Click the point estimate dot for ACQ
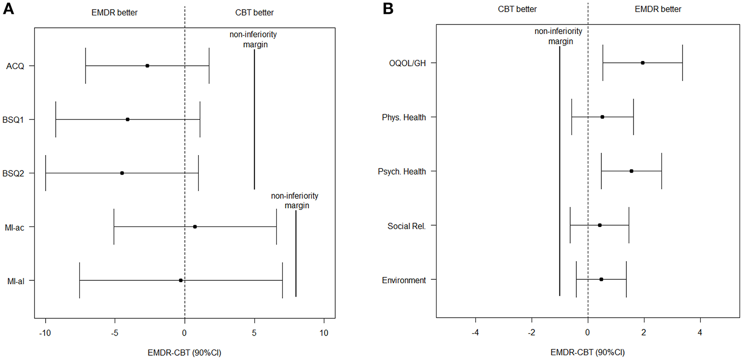(147, 66)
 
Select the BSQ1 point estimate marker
(127, 120)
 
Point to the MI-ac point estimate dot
(195, 227)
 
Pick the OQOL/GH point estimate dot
(643, 63)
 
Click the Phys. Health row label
(406, 117)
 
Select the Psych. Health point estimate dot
(632, 171)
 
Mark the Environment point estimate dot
(601, 279)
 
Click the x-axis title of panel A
(184, 351)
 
